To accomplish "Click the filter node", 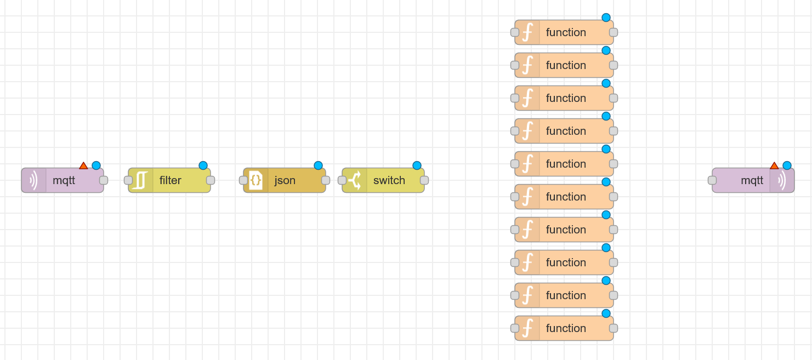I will [x=169, y=180].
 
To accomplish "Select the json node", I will [x=285, y=180].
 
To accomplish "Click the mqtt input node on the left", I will [x=63, y=180].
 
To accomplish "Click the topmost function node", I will [x=564, y=32].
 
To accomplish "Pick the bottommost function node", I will [x=564, y=328].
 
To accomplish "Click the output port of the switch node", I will [x=424, y=180].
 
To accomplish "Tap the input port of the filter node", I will [x=128, y=180].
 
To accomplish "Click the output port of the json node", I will [x=326, y=180].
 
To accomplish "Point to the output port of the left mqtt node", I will [x=104, y=180].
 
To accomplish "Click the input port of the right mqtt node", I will [x=712, y=180].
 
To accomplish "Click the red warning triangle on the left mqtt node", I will [x=83, y=165].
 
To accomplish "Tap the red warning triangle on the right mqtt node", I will [x=774, y=165].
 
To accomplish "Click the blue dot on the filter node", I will [x=203, y=165].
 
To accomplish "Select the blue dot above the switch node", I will [x=417, y=165].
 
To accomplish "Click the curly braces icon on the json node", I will [x=255, y=180].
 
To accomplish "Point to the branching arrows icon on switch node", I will [x=354, y=180].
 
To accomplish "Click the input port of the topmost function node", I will [x=515, y=32].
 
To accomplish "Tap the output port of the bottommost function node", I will [x=614, y=328].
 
